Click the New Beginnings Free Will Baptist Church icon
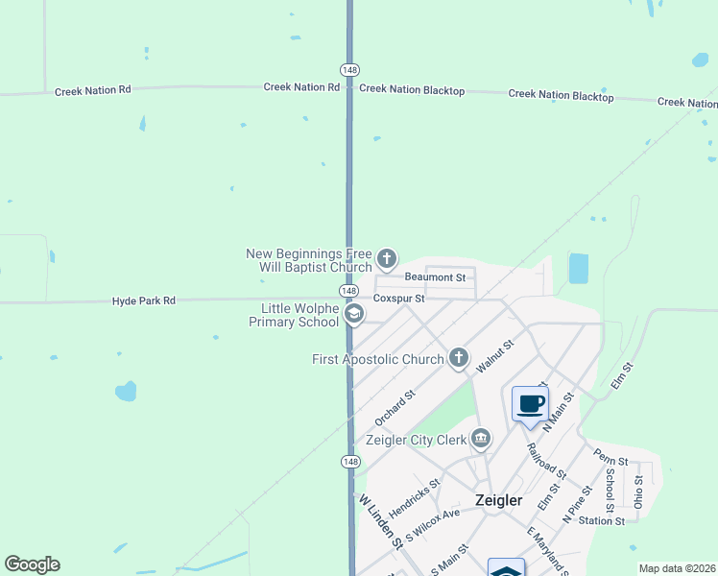(x=387, y=257)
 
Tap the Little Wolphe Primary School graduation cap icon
(x=353, y=314)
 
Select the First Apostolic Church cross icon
(x=459, y=358)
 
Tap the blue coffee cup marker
(x=529, y=404)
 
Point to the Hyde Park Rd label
(x=144, y=300)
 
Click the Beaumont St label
(x=435, y=277)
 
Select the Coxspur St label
(x=398, y=299)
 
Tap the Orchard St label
(x=395, y=407)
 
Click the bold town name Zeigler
(x=499, y=500)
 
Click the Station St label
(x=602, y=521)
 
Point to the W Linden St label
(x=381, y=521)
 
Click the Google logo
(x=32, y=564)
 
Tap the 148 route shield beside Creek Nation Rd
(x=349, y=70)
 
